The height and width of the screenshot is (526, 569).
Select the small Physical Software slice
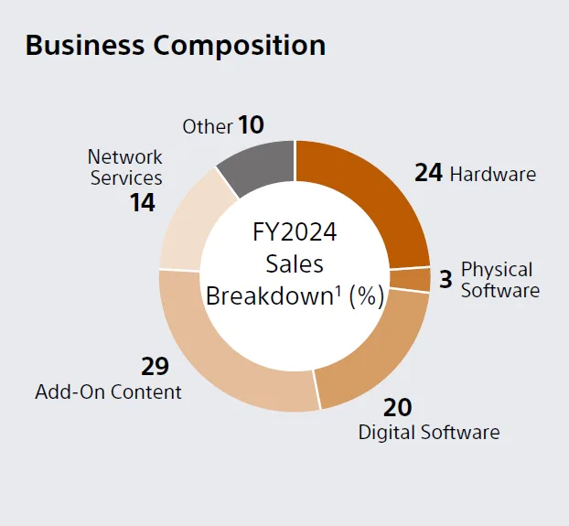coord(411,280)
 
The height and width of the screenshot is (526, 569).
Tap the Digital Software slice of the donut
coord(375,357)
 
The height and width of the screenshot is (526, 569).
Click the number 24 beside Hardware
coord(428,172)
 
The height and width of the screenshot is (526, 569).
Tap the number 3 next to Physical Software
coord(446,280)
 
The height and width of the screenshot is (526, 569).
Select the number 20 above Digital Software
coord(398,406)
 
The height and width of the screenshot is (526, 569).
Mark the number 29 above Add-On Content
coord(155,366)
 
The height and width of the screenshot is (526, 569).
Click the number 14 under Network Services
coord(142,202)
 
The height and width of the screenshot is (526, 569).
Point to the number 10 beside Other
coord(251,125)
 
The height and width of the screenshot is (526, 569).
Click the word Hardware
coord(493,173)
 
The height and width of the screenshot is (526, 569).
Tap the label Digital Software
coord(429,432)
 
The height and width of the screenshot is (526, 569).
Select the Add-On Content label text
coord(108,392)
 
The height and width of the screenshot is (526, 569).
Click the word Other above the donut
coord(208,126)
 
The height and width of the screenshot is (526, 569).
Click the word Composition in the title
coord(243,45)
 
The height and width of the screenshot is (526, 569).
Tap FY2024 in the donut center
coord(295,232)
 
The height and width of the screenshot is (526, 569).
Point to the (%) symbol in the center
coord(367,296)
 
